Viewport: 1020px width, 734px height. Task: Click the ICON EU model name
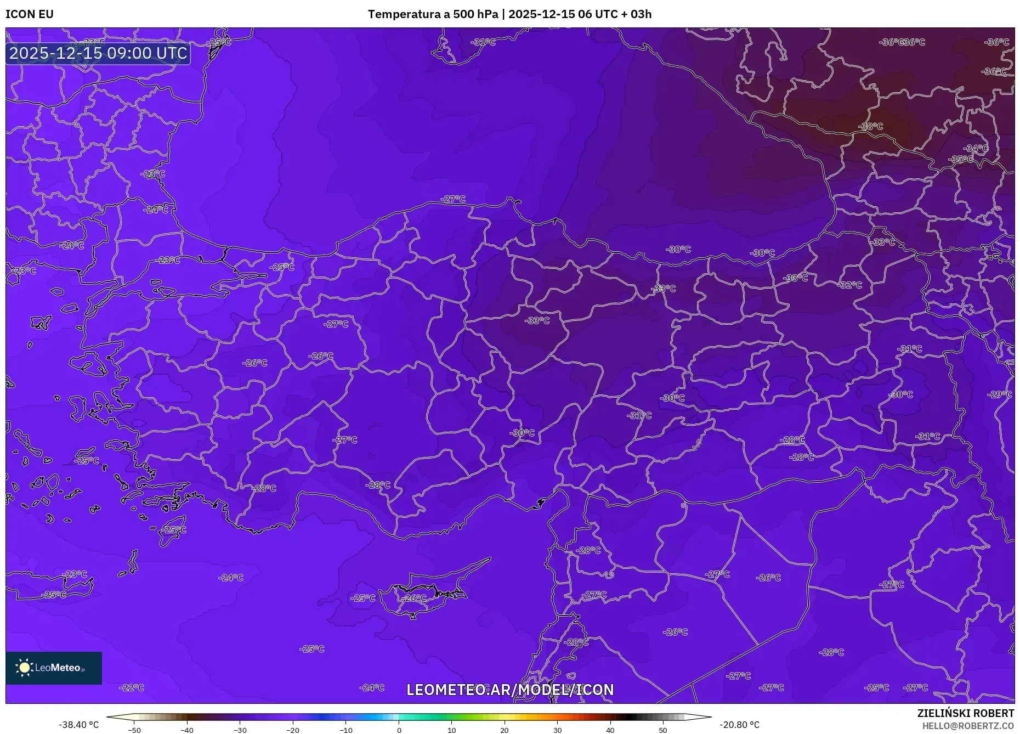pos(30,14)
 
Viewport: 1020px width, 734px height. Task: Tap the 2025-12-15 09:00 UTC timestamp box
pos(98,53)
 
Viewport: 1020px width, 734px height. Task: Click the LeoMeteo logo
pos(54,668)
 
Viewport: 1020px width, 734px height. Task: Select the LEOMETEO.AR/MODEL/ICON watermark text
pos(510,690)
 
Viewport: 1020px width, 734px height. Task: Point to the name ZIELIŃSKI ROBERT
pos(965,713)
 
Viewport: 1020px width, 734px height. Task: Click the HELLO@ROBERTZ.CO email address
pos(968,726)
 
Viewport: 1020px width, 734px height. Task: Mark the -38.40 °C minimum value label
pos(79,725)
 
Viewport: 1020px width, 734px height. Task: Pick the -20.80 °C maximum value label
pos(739,725)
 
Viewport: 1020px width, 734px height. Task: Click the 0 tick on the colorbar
pos(399,730)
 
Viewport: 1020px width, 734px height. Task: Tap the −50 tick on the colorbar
pos(134,730)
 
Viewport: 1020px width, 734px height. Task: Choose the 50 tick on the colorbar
pos(663,730)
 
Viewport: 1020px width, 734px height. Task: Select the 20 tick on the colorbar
pos(505,730)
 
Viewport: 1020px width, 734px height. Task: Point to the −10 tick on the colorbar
pos(346,730)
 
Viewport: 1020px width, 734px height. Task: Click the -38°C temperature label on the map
pos(870,126)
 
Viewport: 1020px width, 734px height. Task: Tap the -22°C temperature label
pos(132,687)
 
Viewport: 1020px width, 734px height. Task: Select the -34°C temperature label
pos(976,148)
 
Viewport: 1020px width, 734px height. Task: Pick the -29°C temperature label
pos(999,394)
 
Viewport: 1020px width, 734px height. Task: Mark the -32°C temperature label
pos(850,285)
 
